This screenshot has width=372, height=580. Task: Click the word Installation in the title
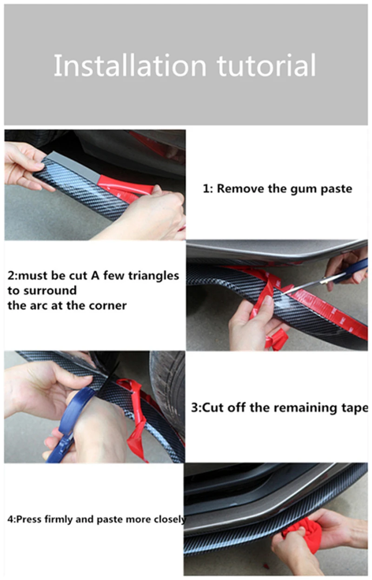click(130, 65)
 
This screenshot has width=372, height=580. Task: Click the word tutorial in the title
click(266, 65)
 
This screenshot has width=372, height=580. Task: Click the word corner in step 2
click(108, 306)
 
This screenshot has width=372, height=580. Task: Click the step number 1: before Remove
click(208, 189)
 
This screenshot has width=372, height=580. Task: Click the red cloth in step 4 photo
click(302, 533)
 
